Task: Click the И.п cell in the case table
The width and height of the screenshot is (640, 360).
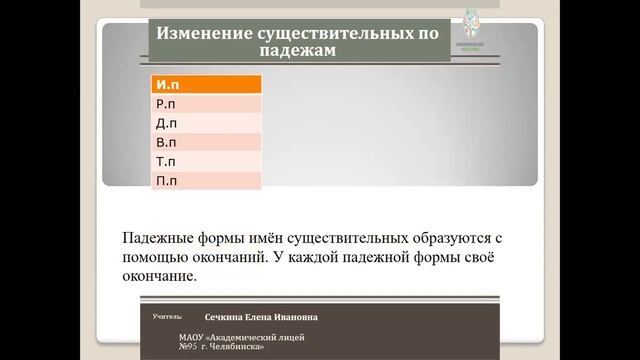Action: coord(205,85)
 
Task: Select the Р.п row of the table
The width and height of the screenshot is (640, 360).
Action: coord(205,104)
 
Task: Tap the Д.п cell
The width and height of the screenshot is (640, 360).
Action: coord(205,123)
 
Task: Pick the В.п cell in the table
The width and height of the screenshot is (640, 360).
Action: coord(205,142)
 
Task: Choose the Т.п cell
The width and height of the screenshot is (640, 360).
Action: coord(205,161)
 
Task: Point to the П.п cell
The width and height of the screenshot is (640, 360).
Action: coord(205,180)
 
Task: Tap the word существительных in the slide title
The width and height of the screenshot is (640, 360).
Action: coord(326,32)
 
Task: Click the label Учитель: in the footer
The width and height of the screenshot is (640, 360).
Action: coord(167,316)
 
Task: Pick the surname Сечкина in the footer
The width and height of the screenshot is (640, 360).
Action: coord(226,317)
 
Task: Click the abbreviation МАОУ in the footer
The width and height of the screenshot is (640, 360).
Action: coord(193,338)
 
